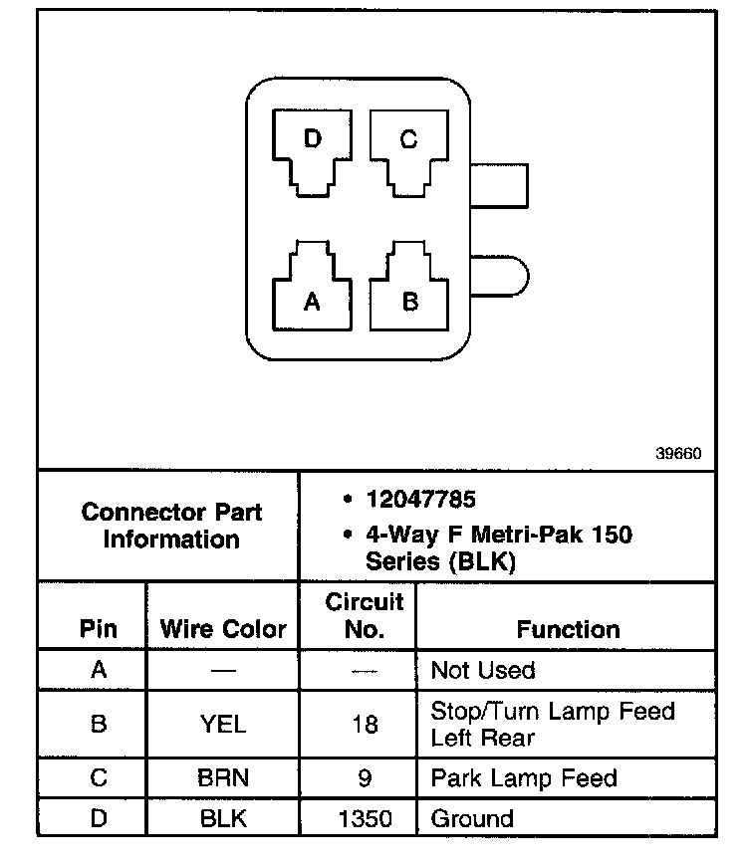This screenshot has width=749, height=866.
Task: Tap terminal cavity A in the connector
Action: (x=312, y=293)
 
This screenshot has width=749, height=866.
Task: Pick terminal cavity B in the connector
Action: (x=408, y=293)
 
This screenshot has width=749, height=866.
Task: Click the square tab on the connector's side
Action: (x=498, y=185)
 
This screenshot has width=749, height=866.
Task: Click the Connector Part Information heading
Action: (x=171, y=526)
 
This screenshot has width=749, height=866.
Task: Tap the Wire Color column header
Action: (x=223, y=629)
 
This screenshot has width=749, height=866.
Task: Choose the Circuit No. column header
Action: (x=365, y=615)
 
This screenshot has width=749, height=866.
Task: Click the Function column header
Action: (x=568, y=629)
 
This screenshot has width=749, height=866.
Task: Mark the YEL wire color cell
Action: (x=223, y=725)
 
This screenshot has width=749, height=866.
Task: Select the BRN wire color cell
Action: (x=223, y=778)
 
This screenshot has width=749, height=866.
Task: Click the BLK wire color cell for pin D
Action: (x=223, y=819)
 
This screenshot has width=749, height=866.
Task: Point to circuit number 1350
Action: (x=365, y=819)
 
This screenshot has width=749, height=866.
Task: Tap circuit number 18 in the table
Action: (x=365, y=725)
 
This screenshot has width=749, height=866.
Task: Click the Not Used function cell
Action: (x=482, y=670)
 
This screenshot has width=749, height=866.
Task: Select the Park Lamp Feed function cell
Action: (x=523, y=778)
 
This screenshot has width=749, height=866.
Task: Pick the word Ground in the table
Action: (x=472, y=819)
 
